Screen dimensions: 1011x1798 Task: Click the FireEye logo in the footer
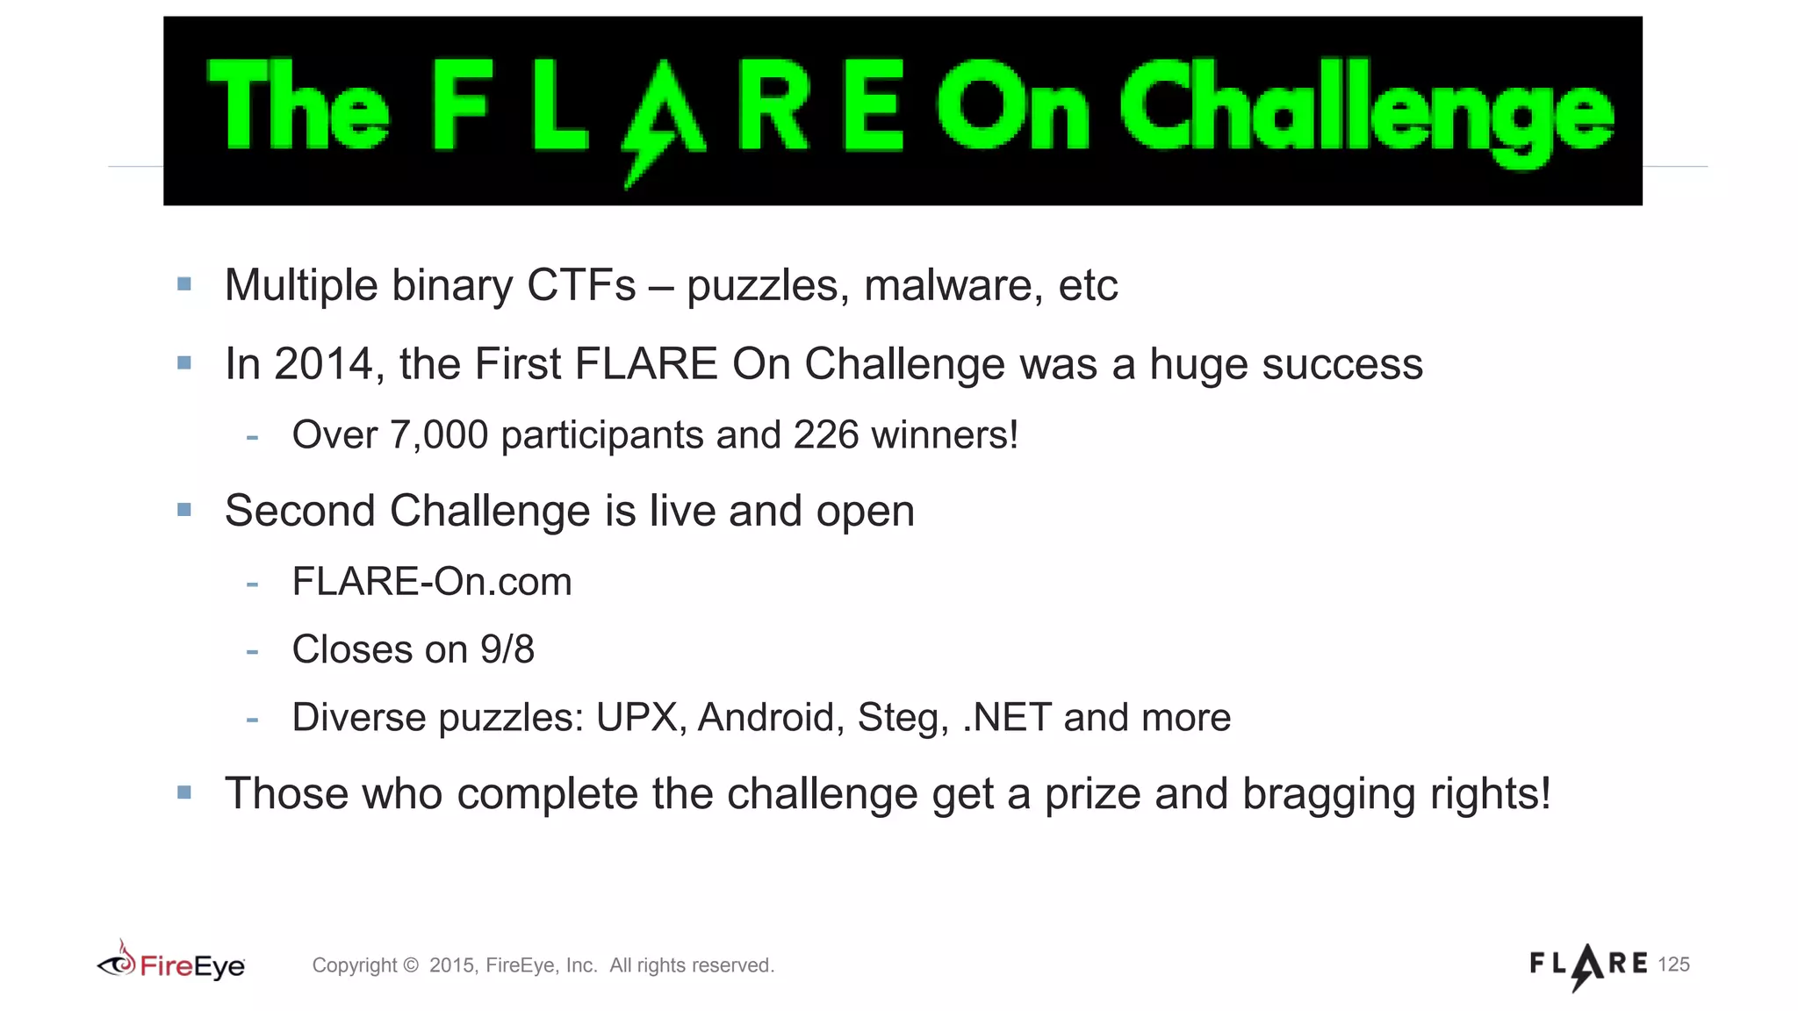(171, 964)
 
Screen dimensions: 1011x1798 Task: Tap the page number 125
(1673, 964)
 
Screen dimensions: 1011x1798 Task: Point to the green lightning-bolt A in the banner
(662, 114)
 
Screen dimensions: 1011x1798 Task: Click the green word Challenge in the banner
(1366, 110)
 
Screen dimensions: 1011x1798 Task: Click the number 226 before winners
(825, 435)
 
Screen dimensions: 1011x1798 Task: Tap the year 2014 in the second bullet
(323, 364)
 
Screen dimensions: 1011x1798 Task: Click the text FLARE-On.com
(431, 582)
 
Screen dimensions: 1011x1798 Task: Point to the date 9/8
(507, 650)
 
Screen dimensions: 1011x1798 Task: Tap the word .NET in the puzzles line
(1007, 718)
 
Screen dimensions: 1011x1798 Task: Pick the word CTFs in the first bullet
(580, 286)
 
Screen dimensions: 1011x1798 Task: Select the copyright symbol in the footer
(411, 965)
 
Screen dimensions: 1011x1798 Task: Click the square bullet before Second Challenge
(184, 510)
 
